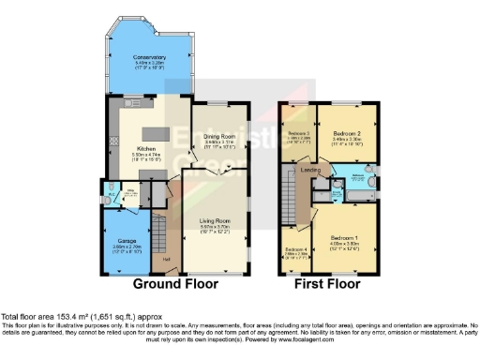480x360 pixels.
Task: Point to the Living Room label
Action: pyautogui.click(x=215, y=221)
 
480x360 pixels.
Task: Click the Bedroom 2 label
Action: pyautogui.click(x=348, y=135)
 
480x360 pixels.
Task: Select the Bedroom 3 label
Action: pyautogui.click(x=298, y=135)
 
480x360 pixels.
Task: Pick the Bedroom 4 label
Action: pyautogui.click(x=297, y=250)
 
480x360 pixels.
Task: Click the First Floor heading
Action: pyautogui.click(x=326, y=284)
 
